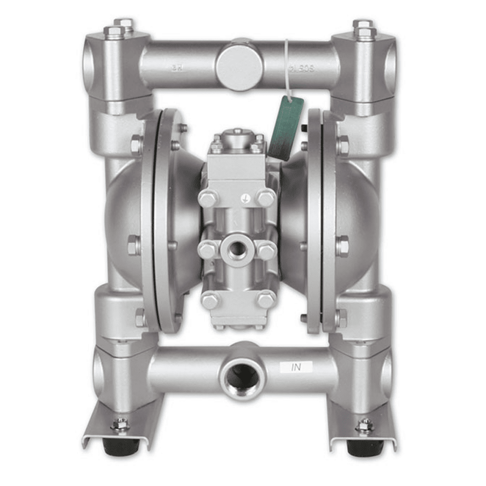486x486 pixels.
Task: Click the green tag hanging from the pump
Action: [286, 127]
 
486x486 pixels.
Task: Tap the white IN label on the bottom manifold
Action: [296, 367]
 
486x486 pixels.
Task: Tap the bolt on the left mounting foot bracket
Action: [121, 425]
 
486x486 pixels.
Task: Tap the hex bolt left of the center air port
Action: [207, 250]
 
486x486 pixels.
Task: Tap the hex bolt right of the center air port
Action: [266, 250]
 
